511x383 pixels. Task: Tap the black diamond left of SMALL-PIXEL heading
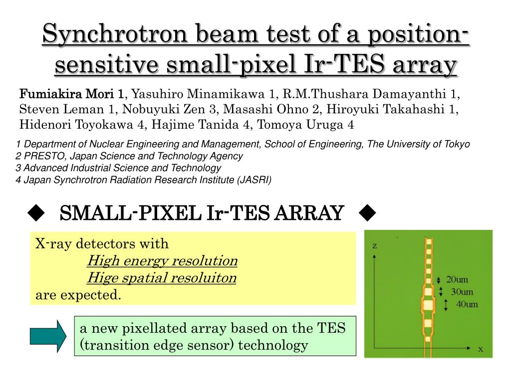[36, 213]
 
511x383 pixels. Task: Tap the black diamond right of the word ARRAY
[367, 213]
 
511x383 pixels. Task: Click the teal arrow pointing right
[48, 336]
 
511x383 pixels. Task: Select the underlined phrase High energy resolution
[162, 261]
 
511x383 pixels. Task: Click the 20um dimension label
[457, 280]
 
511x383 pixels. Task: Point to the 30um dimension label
[462, 292]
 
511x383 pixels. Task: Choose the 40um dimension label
[467, 305]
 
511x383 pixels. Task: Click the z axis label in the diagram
[374, 246]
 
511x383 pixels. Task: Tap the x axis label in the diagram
[481, 350]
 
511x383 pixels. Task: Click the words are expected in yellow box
[78, 295]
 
